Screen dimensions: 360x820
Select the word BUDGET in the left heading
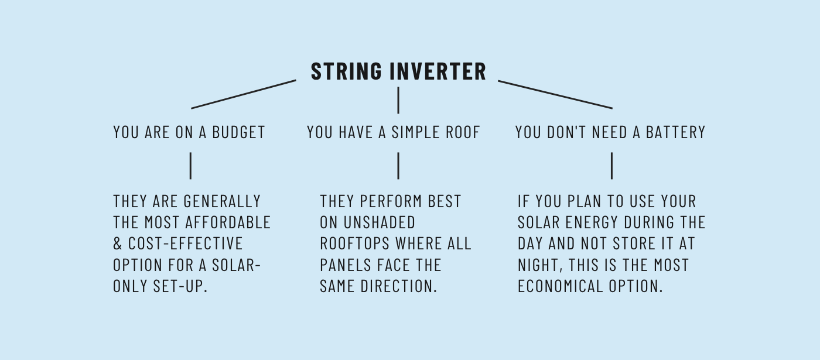tap(238, 132)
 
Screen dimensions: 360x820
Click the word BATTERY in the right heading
tap(675, 132)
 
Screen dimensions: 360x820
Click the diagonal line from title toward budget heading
tap(244, 94)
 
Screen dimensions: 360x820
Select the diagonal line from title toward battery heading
tap(555, 94)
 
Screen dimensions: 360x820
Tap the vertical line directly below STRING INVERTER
tap(398, 100)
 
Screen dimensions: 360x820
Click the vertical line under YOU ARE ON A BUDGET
tap(190, 166)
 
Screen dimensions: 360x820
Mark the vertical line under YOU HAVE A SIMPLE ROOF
tap(398, 166)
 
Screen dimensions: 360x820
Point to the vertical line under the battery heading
tap(611, 166)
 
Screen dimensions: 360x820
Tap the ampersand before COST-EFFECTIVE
tap(118, 244)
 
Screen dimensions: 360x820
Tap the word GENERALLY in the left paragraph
tap(222, 201)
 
